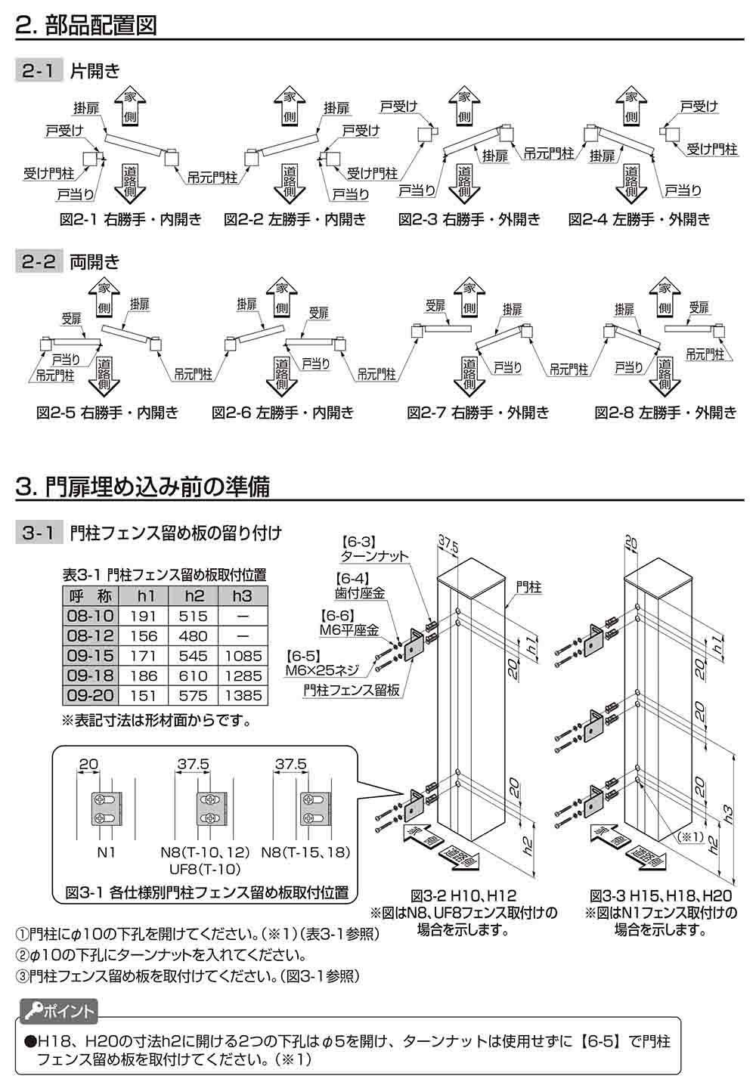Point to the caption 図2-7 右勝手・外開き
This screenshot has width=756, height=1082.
(x=478, y=413)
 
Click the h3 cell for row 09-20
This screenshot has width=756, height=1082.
(x=242, y=696)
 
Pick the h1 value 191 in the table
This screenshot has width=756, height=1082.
(x=144, y=616)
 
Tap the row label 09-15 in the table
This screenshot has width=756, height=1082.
(x=90, y=656)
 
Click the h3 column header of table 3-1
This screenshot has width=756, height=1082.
(x=242, y=596)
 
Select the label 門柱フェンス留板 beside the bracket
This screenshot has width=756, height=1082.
(x=352, y=689)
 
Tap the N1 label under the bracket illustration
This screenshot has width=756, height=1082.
(x=104, y=852)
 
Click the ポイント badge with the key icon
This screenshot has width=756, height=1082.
(x=57, y=1010)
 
